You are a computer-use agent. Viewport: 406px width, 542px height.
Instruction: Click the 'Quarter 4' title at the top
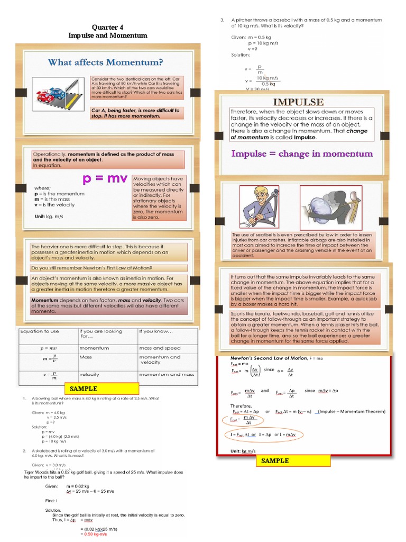(108, 27)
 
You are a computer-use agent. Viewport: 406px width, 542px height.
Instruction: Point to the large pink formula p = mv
(105, 179)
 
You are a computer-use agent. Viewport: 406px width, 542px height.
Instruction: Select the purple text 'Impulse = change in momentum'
(302, 153)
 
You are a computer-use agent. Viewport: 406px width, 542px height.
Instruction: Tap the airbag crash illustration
(331, 207)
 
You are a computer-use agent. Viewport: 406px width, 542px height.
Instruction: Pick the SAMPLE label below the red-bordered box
(275, 460)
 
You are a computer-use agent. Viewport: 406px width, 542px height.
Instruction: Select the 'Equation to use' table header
(40, 332)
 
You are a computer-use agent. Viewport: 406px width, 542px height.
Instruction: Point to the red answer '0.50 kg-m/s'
(94, 534)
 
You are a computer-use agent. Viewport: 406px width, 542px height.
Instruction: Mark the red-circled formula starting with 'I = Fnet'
(263, 435)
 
